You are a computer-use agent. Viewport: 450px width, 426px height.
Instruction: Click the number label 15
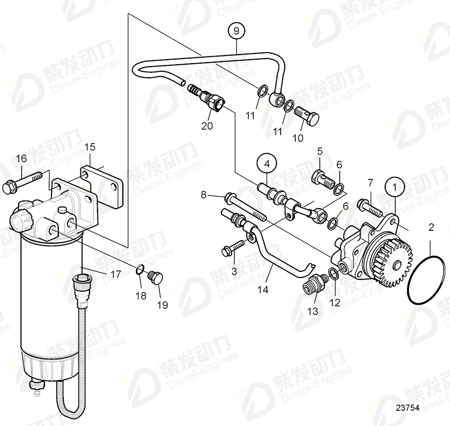pos(89,147)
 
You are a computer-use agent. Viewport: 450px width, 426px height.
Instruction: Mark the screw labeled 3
pos(233,249)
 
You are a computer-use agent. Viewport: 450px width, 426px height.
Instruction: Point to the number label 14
pos(263,291)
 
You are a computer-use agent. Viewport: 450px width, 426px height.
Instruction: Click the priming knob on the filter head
pos(20,220)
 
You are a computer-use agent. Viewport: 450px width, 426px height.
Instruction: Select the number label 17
pos(116,274)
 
